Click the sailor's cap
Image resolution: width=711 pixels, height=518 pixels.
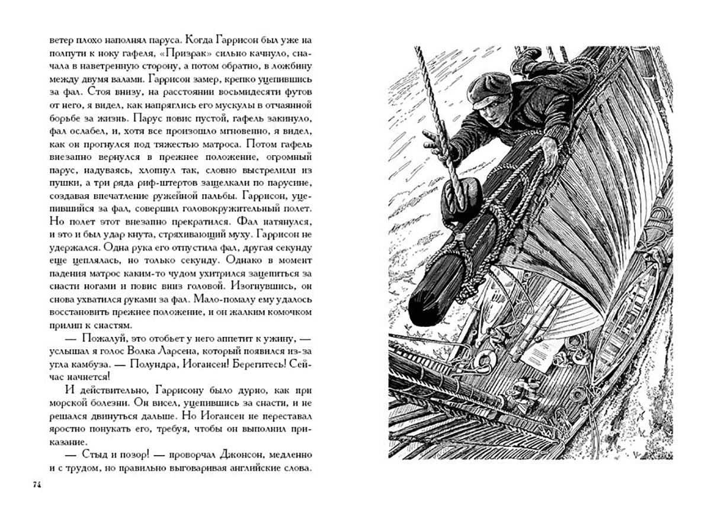489,88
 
